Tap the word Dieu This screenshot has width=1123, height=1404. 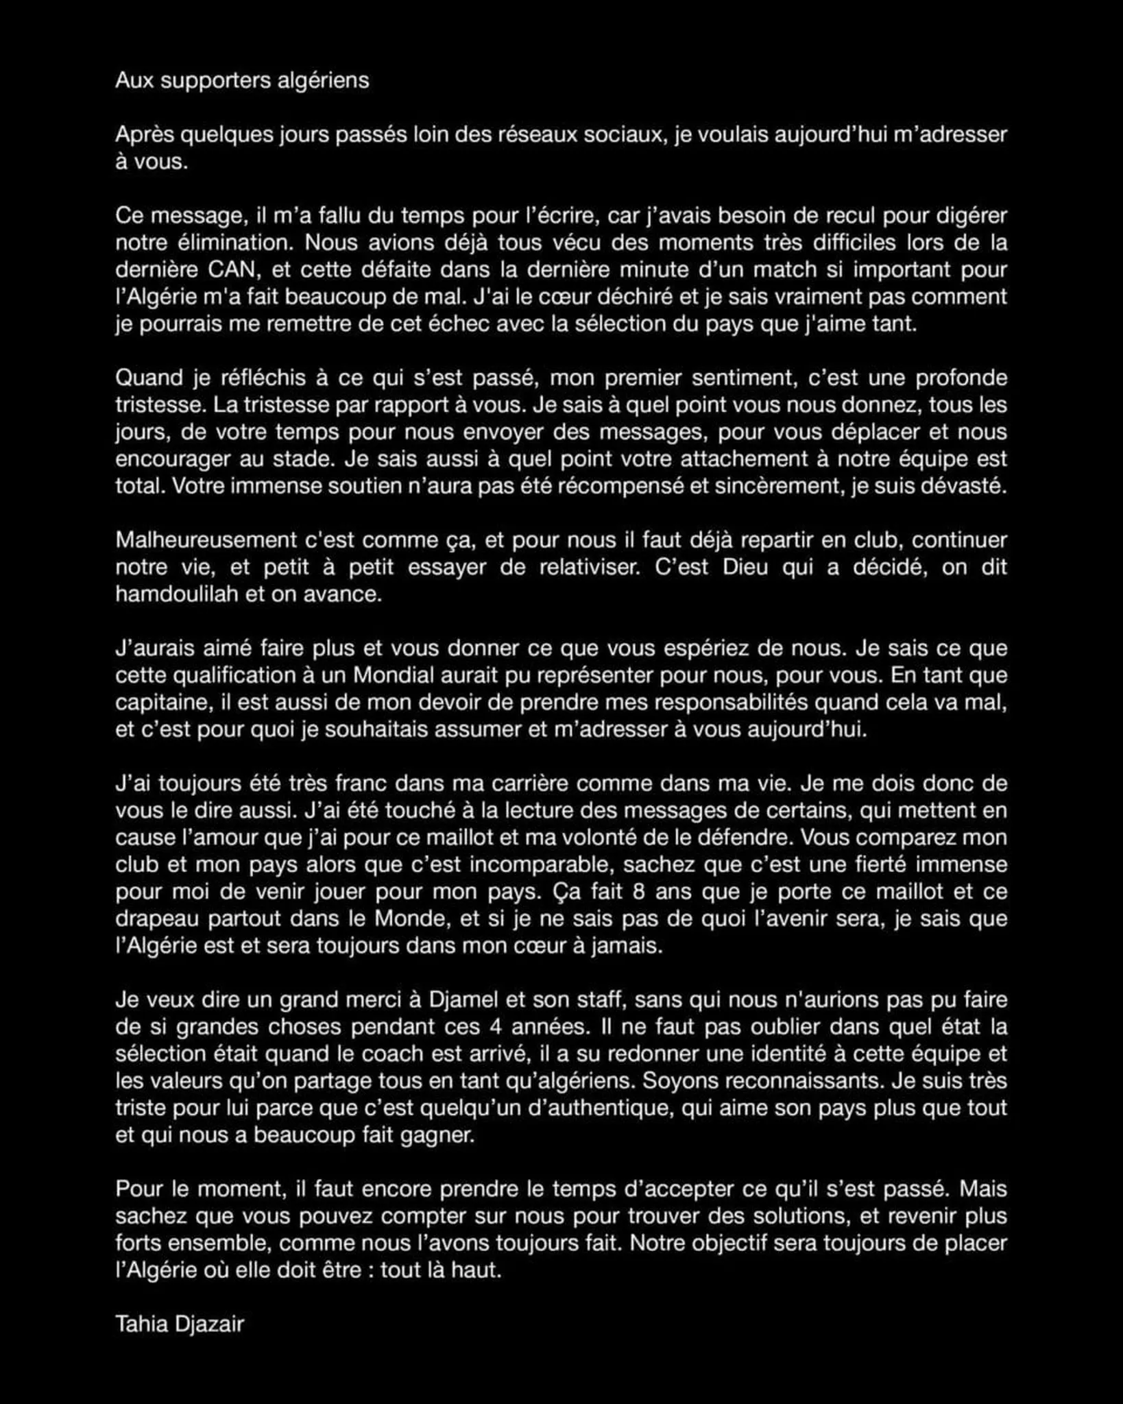[x=746, y=568]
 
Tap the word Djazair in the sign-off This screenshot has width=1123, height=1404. [x=209, y=1324]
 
